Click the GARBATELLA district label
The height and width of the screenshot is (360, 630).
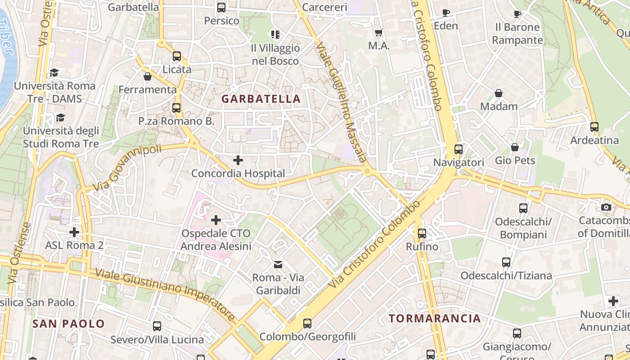click(261, 99)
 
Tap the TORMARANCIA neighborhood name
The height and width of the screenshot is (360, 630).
click(435, 319)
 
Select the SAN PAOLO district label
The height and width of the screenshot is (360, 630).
click(68, 324)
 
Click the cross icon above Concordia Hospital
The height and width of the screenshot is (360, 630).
click(238, 160)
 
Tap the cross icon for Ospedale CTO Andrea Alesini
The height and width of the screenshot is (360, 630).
click(216, 220)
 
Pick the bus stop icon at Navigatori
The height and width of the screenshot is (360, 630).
click(459, 149)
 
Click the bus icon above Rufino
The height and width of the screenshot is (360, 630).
click(422, 234)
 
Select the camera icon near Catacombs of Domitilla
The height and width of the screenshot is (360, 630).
click(606, 207)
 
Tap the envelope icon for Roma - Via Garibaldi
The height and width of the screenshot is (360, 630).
click(279, 264)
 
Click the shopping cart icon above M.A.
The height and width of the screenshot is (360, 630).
click(379, 32)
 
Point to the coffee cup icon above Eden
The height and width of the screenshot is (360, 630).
click(445, 13)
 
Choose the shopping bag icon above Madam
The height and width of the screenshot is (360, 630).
click(499, 93)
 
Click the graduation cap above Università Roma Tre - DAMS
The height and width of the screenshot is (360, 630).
click(54, 72)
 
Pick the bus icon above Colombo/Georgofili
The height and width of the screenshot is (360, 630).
click(307, 324)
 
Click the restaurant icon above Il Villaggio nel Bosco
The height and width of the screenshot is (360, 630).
click(275, 35)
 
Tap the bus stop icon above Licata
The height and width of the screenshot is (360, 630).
click(177, 56)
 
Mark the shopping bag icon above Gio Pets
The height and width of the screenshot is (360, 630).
click(515, 148)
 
